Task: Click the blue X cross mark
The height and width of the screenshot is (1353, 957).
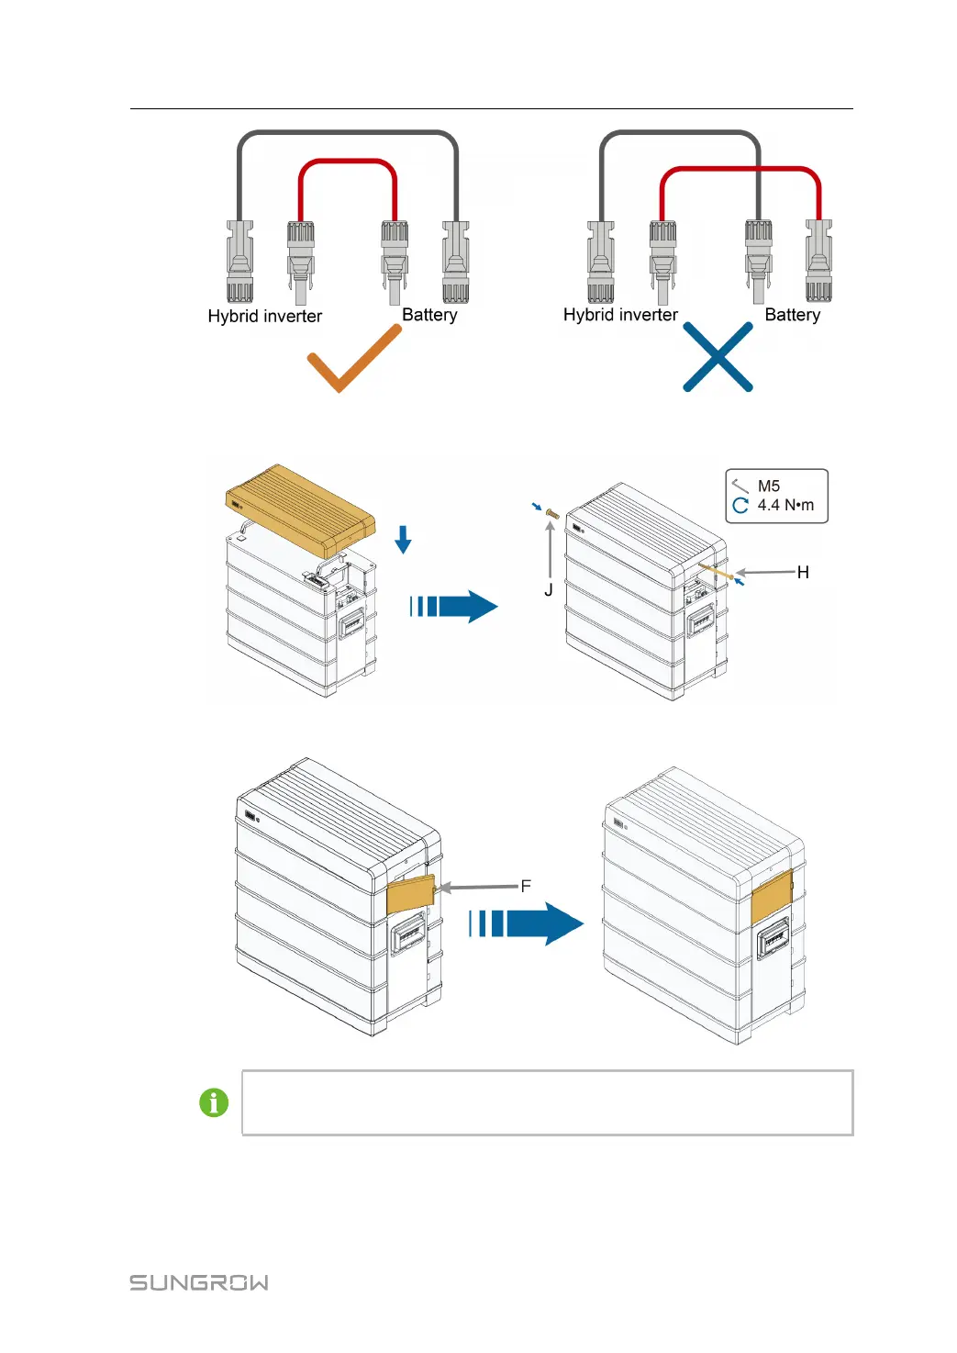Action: (x=718, y=358)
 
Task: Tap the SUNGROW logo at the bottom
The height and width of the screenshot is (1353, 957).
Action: (x=199, y=1282)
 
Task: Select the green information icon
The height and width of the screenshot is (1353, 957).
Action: (x=214, y=1101)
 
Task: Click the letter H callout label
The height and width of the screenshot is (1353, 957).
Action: (x=803, y=572)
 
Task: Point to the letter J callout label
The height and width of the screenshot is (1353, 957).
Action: (x=549, y=590)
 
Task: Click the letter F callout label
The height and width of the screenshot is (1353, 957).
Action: (x=526, y=886)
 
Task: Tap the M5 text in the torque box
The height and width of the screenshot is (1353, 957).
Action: (x=769, y=486)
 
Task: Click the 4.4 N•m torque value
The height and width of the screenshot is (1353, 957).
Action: (x=785, y=505)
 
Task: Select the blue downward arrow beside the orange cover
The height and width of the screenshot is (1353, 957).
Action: (x=403, y=539)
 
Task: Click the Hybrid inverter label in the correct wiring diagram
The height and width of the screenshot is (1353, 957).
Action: (x=265, y=316)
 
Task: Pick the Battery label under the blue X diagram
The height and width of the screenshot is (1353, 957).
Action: (x=793, y=315)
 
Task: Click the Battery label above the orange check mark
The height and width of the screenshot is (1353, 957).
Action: (x=429, y=315)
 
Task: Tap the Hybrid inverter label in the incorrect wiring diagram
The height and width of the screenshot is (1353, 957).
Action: (x=620, y=315)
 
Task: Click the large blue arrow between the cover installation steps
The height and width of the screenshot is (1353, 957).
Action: (x=455, y=606)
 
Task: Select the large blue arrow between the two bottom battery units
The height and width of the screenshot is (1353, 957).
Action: (x=527, y=922)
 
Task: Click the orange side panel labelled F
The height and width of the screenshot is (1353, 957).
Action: (x=409, y=893)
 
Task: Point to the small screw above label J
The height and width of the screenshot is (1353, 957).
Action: (x=552, y=513)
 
